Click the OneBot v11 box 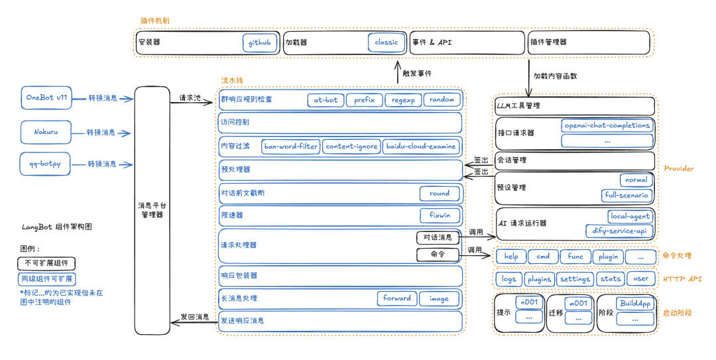(x=46, y=97)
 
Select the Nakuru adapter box (x=46, y=132)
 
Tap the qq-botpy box (x=45, y=164)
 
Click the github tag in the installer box (x=260, y=42)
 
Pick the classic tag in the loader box (x=387, y=42)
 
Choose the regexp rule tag (x=403, y=100)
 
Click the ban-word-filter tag (x=291, y=147)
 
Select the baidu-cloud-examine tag (x=420, y=147)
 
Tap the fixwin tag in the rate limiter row (x=440, y=215)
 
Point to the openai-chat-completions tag (x=607, y=125)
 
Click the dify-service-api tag (x=619, y=231)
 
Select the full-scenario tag (x=626, y=195)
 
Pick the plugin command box (x=608, y=257)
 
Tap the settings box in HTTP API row (x=575, y=279)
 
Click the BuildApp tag (x=634, y=304)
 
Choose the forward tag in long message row (x=397, y=298)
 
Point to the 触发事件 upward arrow (x=397, y=73)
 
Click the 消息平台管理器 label (x=152, y=210)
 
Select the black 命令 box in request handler (x=438, y=255)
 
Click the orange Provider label (x=679, y=168)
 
